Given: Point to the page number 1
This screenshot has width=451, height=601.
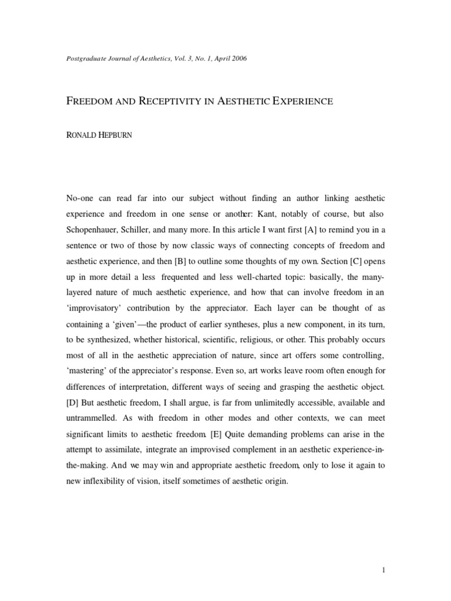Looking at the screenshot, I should pos(382,569).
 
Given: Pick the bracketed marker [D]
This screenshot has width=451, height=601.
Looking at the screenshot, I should pos(75,403).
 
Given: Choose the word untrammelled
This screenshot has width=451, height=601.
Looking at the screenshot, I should pos(93,418).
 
